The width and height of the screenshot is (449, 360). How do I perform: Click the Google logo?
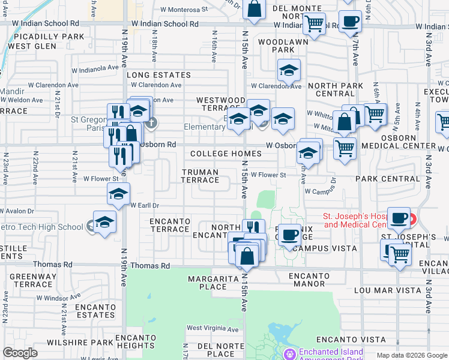pyautogui.click(x=20, y=353)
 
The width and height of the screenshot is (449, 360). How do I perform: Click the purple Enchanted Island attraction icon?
pyautogui.click(x=291, y=354)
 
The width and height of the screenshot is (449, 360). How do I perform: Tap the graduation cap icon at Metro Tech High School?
pyautogui.click(x=104, y=222)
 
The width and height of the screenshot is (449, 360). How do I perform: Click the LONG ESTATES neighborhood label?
pyautogui.click(x=158, y=75)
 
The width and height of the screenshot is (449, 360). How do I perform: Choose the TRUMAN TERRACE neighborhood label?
pyautogui.click(x=200, y=176)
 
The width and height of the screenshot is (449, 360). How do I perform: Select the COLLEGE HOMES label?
pyautogui.click(x=226, y=154)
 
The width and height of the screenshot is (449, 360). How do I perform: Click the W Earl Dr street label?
pyautogui.click(x=143, y=205)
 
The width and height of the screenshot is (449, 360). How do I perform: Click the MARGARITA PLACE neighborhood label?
pyautogui.click(x=207, y=283)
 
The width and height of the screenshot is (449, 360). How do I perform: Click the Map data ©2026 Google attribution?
pyautogui.click(x=411, y=355)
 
